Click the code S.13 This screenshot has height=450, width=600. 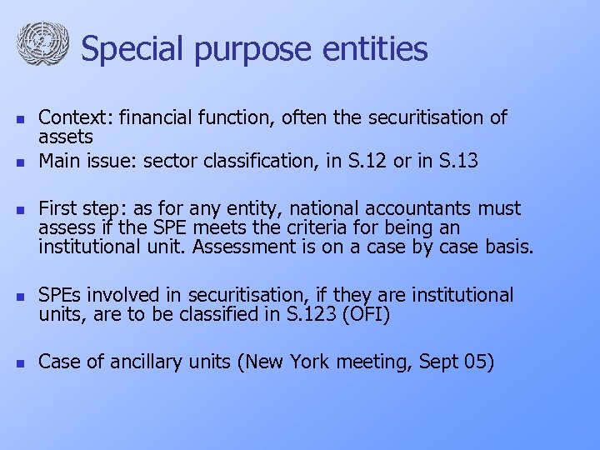(x=455, y=161)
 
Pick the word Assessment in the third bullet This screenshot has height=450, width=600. (x=266, y=247)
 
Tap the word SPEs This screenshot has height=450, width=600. (x=61, y=296)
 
